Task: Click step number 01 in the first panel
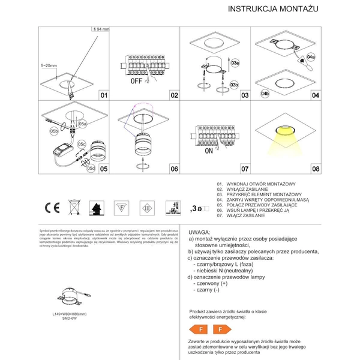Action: [x=103, y=95]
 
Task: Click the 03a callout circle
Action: [x=235, y=62]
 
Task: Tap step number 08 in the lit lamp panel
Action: [x=316, y=169]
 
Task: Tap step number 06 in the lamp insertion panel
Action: [x=174, y=169]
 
